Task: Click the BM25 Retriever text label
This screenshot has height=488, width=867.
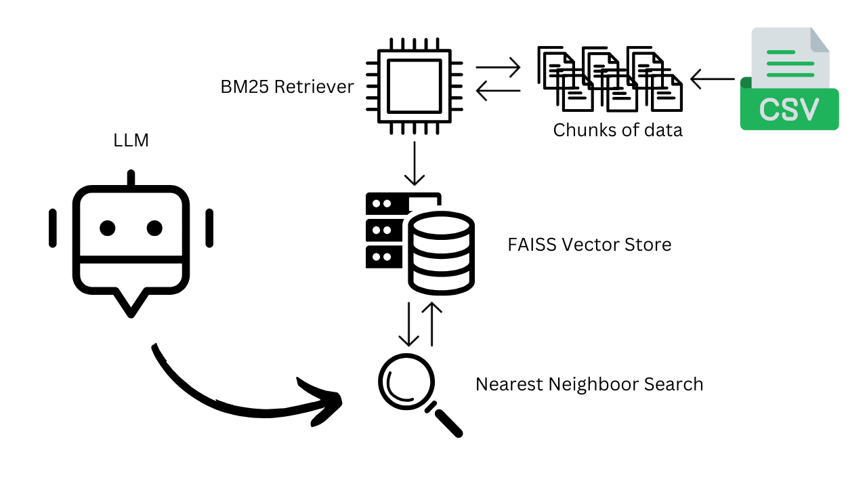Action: coord(287,87)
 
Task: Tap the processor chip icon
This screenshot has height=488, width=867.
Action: coord(414,86)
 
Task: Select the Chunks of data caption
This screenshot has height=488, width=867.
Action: coord(618,130)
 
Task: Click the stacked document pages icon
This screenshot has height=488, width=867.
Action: coord(610,79)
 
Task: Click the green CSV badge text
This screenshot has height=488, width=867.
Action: coord(789,109)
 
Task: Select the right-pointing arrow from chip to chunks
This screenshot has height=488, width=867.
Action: coord(498,67)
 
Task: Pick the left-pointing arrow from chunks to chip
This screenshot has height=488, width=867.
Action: coord(498,91)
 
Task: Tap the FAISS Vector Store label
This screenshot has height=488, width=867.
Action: coord(589,245)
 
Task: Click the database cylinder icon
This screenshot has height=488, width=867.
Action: coord(441,252)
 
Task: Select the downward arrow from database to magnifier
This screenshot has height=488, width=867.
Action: coord(408,324)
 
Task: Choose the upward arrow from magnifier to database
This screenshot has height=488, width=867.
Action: coord(431,324)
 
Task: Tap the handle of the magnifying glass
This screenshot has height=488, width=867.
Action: coord(447,422)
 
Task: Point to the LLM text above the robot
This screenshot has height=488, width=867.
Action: coord(131,141)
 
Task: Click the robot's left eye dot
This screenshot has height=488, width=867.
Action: coord(107,228)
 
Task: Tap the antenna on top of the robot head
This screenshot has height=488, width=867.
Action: coord(131,178)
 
